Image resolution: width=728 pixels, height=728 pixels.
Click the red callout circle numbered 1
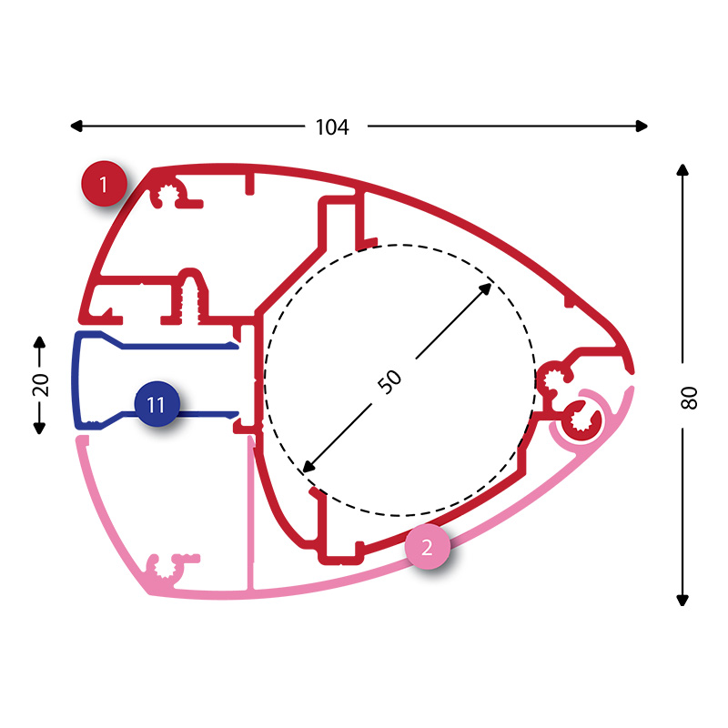tap(104, 184)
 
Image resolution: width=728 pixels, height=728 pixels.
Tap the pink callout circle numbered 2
tap(427, 547)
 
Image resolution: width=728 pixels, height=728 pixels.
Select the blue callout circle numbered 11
tap(157, 404)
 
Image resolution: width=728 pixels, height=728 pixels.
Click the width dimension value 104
tap(332, 126)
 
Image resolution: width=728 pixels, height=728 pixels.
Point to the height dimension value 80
tap(689, 398)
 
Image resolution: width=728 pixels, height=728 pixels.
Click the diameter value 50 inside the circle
tap(389, 381)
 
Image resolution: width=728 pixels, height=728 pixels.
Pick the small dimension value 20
tap(40, 384)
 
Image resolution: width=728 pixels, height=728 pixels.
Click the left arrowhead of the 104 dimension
tap(76, 126)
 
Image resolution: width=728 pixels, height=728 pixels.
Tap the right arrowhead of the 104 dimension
tap(642, 126)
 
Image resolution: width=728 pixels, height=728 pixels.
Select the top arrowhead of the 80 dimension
tap(682, 170)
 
